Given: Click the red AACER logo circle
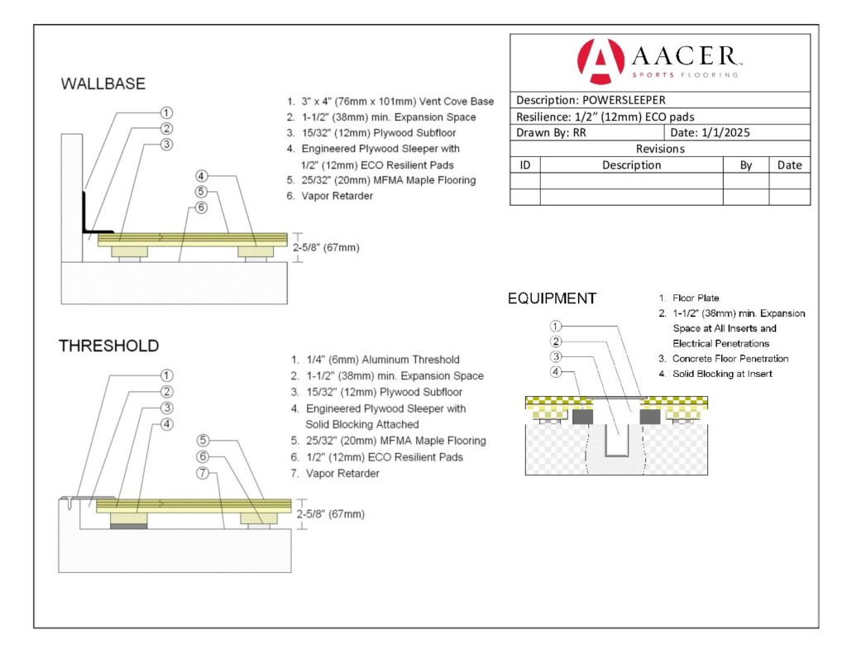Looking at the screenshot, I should tap(601, 61).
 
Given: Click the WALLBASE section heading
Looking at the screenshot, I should tap(103, 84).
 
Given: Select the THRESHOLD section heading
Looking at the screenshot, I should tap(108, 346).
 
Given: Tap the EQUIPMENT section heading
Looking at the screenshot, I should tap(552, 298).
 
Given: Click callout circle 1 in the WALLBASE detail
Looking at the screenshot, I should tap(166, 112).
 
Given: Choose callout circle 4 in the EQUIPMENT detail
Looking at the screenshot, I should tap(557, 372).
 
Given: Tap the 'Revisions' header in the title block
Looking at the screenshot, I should tap(659, 149).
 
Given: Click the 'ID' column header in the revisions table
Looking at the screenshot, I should tap(524, 165).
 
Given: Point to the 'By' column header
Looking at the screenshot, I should tap(745, 165).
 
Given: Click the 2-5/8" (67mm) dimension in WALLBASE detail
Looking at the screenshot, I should tap(328, 246).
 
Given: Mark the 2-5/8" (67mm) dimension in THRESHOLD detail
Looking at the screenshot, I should tap(330, 513).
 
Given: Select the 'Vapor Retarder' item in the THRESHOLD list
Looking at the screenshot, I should tap(342, 474).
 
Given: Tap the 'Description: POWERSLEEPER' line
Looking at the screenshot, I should tap(590, 100).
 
